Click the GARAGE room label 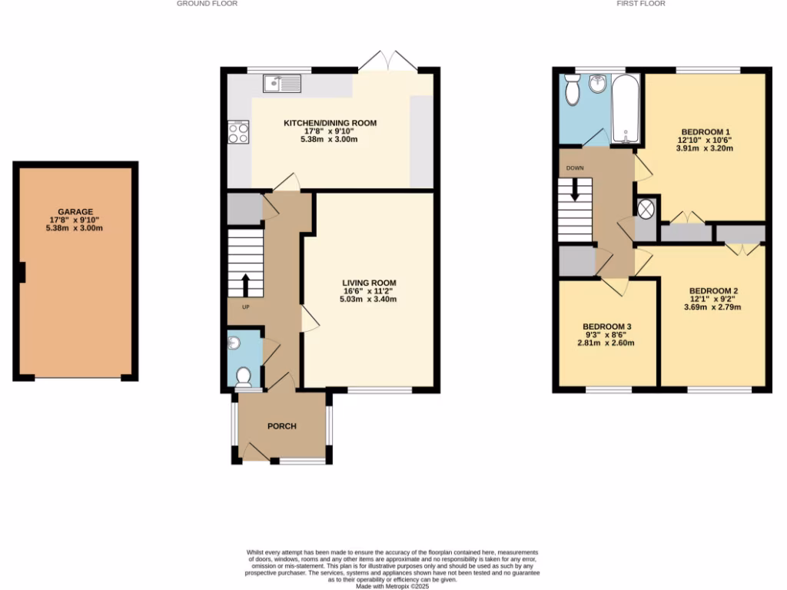75,212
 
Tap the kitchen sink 282,82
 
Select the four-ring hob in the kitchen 238,134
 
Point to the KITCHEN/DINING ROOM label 330,123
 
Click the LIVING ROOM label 369,283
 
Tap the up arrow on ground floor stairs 246,284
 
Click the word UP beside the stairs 246,307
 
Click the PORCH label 281,426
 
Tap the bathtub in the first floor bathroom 626,109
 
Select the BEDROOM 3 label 607,326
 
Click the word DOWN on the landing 575,167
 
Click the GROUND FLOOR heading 208,4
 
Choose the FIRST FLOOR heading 641,4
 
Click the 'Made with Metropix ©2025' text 393,586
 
